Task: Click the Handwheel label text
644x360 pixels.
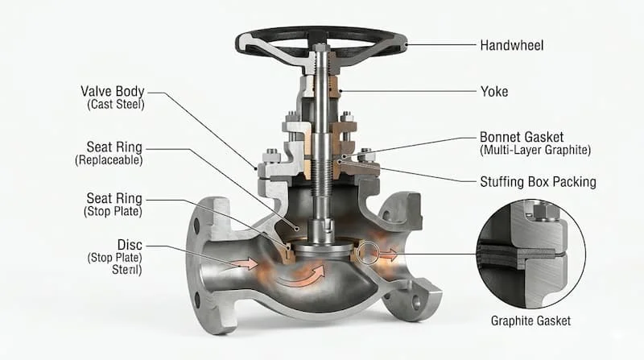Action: point(512,45)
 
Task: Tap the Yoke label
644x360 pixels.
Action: point(494,91)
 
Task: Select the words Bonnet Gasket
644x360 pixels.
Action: point(522,137)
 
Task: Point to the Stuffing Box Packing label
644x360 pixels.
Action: point(538,182)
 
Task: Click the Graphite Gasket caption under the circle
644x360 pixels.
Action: point(530,321)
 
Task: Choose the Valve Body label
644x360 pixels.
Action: point(113,91)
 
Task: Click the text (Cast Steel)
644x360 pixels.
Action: point(116,105)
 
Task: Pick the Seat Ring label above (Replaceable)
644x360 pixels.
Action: point(114,147)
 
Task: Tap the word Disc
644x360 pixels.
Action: point(130,245)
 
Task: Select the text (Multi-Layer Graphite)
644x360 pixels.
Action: point(535,150)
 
